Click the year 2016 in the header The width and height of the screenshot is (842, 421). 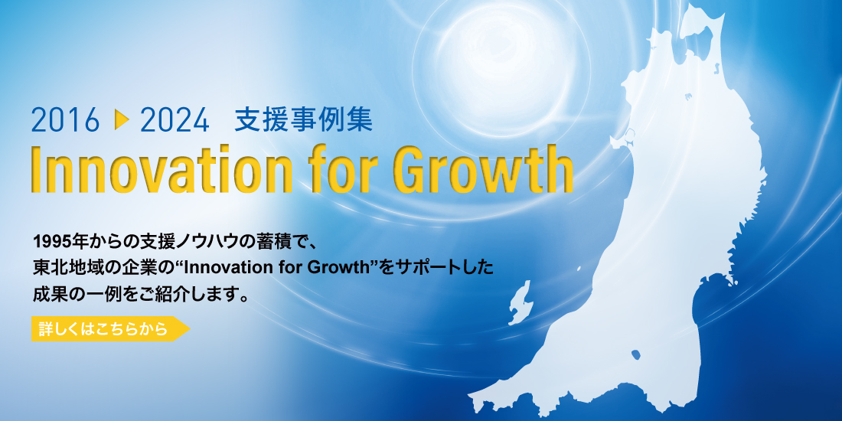pos(66,119)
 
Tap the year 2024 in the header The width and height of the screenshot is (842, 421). pos(175,119)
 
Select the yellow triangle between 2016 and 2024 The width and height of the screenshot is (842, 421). pos(122,119)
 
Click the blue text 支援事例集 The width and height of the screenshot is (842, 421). pos(303,119)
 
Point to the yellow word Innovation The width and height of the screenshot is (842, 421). pos(161,168)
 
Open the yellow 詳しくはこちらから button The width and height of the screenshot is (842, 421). pos(110,328)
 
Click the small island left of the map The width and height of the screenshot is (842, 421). pos(519,302)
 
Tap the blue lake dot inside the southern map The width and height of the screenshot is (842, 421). pos(636,354)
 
